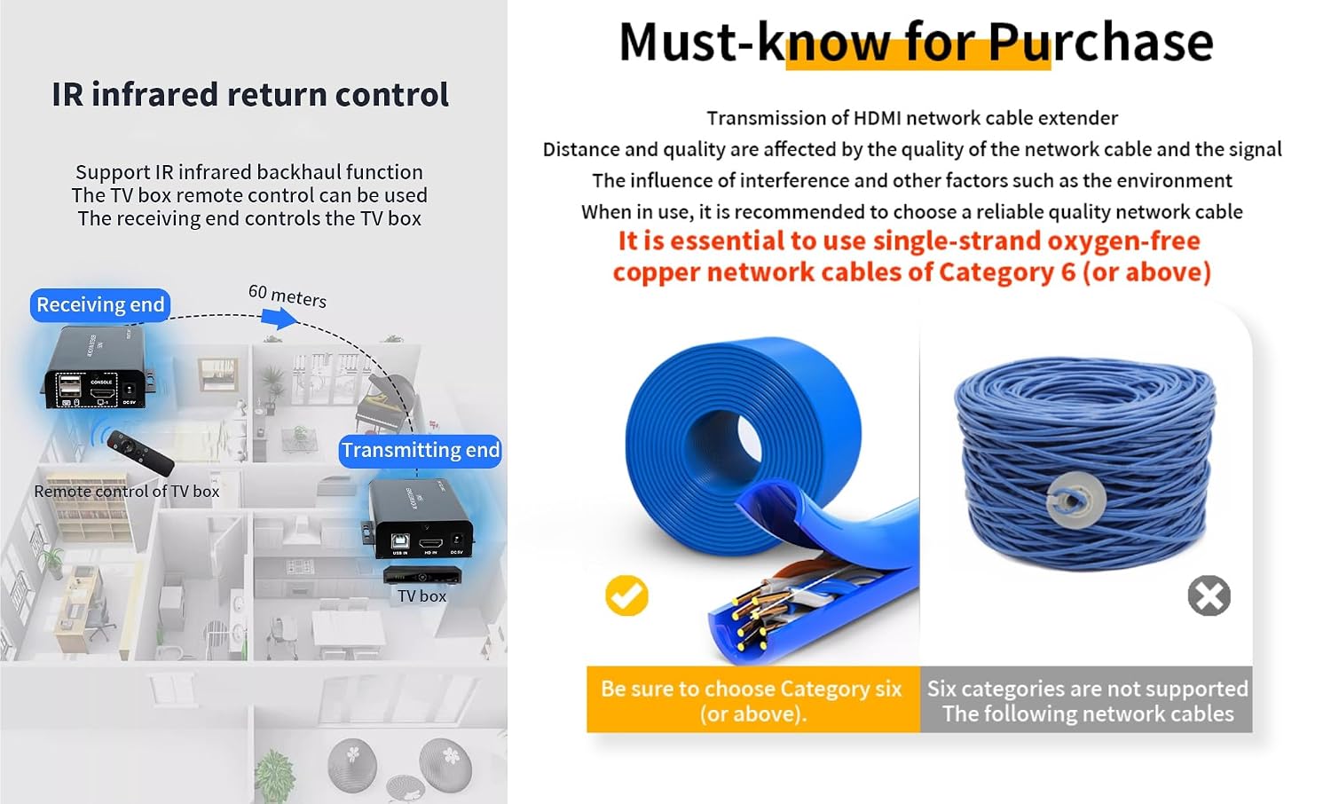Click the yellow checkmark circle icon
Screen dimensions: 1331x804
click(626, 595)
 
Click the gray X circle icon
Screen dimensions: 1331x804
click(1209, 595)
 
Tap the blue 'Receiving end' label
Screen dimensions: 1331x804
click(100, 305)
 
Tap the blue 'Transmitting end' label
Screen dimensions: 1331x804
click(420, 451)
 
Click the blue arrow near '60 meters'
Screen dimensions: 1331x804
click(279, 319)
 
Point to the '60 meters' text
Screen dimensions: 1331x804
click(287, 296)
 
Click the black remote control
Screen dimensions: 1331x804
click(141, 453)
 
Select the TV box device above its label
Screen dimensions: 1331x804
click(421, 575)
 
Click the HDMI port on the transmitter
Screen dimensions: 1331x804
click(430, 543)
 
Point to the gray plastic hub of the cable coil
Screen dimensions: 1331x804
click(1076, 500)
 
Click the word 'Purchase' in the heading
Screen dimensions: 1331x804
click(1100, 43)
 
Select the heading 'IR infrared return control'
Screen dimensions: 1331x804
click(250, 94)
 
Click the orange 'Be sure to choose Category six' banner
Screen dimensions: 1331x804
click(752, 699)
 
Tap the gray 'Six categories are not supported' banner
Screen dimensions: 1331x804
click(1086, 699)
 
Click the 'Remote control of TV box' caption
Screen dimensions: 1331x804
click(127, 492)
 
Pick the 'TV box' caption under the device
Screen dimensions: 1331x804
click(421, 596)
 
